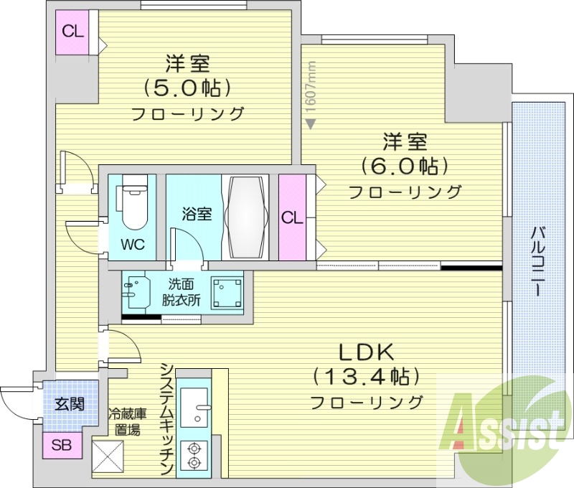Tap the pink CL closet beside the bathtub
292,217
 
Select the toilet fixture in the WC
134,205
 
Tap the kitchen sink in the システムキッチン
194,410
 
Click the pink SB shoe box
61,445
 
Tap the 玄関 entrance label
70,403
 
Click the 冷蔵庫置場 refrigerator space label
127,422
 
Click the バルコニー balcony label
537,261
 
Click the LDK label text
366,352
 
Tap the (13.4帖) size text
366,376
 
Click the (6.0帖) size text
405,166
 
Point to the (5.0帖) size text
189,88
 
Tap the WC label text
132,244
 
